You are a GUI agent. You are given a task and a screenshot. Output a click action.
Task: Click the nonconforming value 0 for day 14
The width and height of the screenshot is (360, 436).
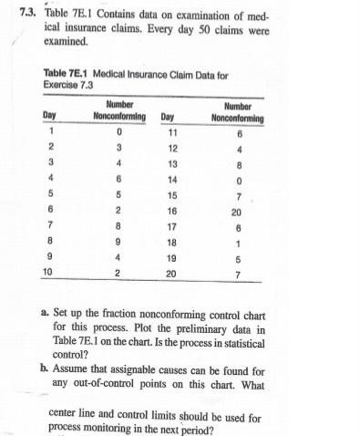(237, 180)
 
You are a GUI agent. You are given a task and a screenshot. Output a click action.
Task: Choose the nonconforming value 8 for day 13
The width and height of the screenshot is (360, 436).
(237, 164)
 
